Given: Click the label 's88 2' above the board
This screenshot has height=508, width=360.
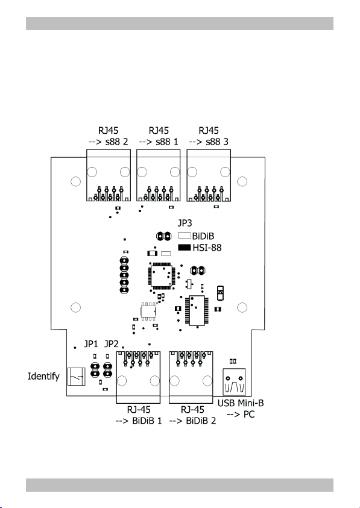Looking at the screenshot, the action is point(116,142).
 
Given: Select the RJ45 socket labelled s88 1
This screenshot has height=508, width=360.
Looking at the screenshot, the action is point(158,175).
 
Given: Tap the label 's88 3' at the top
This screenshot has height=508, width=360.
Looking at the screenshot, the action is point(217,142).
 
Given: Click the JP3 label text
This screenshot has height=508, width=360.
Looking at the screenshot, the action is point(185,223).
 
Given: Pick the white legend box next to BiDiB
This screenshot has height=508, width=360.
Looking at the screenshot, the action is point(184,236).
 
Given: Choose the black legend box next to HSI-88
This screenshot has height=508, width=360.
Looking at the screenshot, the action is point(184,248).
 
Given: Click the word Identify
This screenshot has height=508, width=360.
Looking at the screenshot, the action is point(43,377).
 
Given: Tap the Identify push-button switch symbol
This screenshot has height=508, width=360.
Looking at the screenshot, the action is point(76,377).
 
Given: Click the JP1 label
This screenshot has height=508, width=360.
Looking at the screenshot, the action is point(90,343).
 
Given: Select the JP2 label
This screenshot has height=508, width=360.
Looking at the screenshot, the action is point(111,343).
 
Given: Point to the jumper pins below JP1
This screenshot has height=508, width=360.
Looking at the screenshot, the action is point(95,370).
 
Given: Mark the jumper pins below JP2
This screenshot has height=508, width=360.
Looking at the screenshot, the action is point(107,370).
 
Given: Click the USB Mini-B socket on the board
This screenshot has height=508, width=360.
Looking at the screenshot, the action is point(234,381).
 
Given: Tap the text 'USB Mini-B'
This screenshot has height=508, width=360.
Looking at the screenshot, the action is point(241,403).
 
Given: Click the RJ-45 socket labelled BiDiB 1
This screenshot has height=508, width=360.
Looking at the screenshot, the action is point(138,377).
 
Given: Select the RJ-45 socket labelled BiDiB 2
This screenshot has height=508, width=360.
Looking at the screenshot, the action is point(191,377).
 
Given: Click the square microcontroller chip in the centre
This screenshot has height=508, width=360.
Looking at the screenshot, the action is point(162,277).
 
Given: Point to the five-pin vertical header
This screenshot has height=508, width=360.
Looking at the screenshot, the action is point(124,275).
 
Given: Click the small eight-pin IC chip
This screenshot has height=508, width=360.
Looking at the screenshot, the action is point(148,312).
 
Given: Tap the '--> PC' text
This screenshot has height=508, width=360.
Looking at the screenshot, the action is point(241,415).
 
